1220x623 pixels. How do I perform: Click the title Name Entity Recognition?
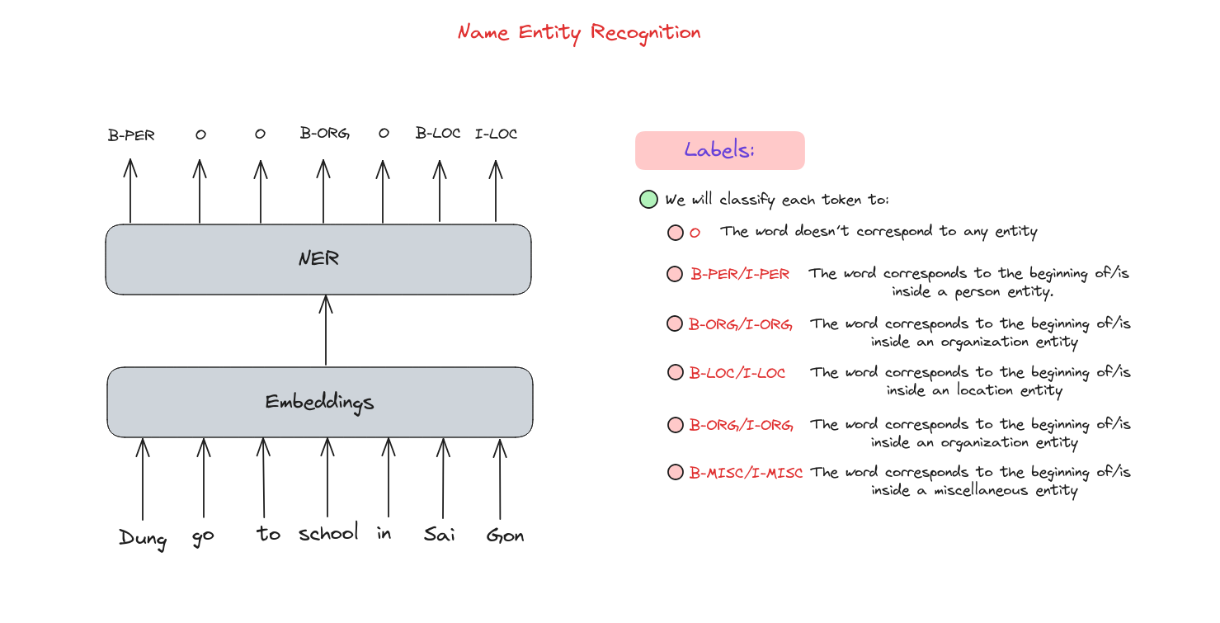579,33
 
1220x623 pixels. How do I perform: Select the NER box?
318,259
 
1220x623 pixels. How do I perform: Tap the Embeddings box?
320,402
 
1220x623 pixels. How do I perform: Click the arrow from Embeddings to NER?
326,330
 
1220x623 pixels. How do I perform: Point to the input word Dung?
143,539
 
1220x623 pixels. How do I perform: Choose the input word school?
328,531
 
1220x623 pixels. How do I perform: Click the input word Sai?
439,535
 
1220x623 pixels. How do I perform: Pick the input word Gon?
505,536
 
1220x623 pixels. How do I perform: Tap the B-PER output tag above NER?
131,135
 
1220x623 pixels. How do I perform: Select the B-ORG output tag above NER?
325,133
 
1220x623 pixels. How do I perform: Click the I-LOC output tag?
496,134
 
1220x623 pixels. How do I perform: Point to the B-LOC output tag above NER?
438,133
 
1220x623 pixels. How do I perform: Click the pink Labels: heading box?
719,150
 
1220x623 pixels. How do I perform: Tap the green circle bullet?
648,200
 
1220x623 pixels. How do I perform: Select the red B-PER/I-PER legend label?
740,274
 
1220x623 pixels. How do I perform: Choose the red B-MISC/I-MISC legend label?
746,473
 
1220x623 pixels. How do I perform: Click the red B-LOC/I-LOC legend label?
737,373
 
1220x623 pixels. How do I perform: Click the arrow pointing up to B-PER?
130,191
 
